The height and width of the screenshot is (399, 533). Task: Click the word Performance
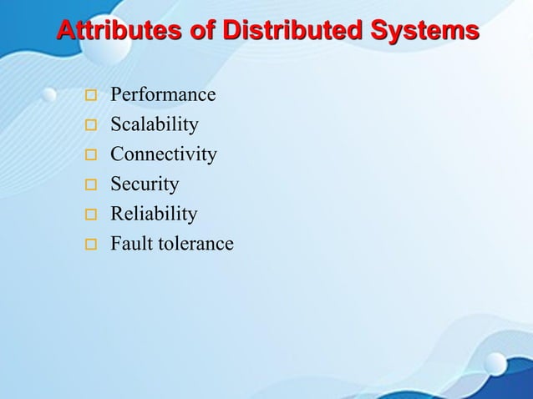tap(163, 95)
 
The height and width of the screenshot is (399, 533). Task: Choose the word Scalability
tap(155, 125)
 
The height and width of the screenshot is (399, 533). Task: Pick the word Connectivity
tap(164, 154)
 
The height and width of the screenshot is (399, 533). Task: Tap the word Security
tap(145, 184)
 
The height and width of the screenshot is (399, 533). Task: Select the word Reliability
tap(154, 215)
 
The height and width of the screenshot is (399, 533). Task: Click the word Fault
tap(129, 244)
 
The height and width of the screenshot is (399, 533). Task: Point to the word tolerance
tap(195, 244)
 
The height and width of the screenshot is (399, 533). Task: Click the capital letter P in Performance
tap(116, 95)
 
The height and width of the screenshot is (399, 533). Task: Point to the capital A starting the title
tap(65, 31)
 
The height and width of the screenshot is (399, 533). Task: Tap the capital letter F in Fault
tap(116, 244)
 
